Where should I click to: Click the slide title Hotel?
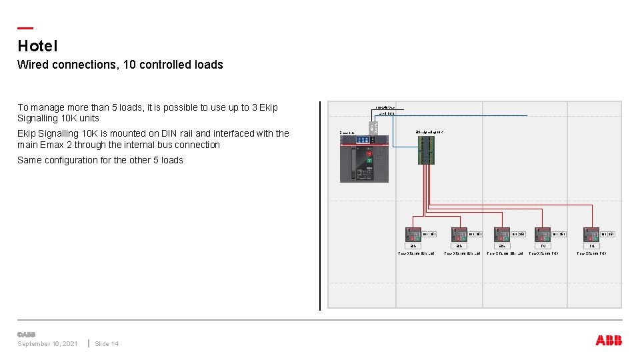(x=37, y=46)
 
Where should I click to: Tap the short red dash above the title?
(x=25, y=28)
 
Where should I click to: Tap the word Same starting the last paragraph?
(x=29, y=160)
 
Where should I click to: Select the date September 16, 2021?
(x=47, y=343)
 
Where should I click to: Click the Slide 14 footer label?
(x=107, y=343)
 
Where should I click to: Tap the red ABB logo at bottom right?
(x=609, y=341)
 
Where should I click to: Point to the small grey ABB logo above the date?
(x=26, y=334)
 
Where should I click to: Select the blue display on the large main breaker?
(x=364, y=141)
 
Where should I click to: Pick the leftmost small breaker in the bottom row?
(x=413, y=235)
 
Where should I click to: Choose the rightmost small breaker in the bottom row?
(x=591, y=235)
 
